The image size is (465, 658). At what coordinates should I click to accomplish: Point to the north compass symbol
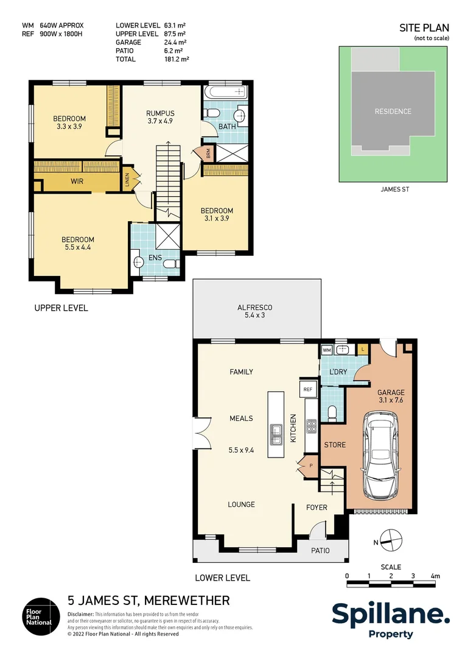[390, 540]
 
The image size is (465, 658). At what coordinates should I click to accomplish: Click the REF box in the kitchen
[307, 389]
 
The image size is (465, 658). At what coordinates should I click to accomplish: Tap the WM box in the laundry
[326, 350]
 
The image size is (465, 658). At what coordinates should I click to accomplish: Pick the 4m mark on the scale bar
[435, 576]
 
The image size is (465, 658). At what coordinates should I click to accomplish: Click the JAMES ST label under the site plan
[395, 189]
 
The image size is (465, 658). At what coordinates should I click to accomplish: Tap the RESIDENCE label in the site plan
[393, 111]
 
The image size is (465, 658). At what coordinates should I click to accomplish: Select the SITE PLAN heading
[424, 28]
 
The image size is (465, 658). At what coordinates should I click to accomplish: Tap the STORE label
[334, 445]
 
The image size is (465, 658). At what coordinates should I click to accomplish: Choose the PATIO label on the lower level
[320, 550]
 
